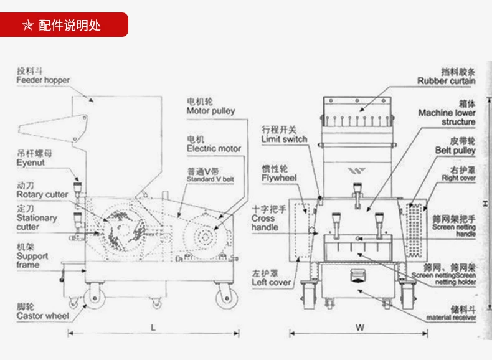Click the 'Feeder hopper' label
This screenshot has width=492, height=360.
click(43, 80)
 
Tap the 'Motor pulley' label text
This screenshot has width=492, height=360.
click(211, 111)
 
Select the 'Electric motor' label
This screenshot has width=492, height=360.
click(214, 149)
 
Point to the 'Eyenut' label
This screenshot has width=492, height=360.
click(31, 163)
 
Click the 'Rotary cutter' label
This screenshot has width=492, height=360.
click(42, 194)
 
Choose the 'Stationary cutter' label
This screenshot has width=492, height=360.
click(37, 222)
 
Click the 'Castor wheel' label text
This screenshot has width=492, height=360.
click(43, 316)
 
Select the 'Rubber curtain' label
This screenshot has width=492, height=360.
click(446, 81)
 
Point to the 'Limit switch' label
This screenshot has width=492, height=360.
click(285, 139)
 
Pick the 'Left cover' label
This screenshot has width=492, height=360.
click(272, 282)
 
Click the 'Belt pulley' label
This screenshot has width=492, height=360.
click(455, 150)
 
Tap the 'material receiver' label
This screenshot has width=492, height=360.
click(452, 317)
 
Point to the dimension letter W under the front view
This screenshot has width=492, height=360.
click(360, 327)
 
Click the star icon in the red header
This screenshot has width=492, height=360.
click(27, 26)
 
